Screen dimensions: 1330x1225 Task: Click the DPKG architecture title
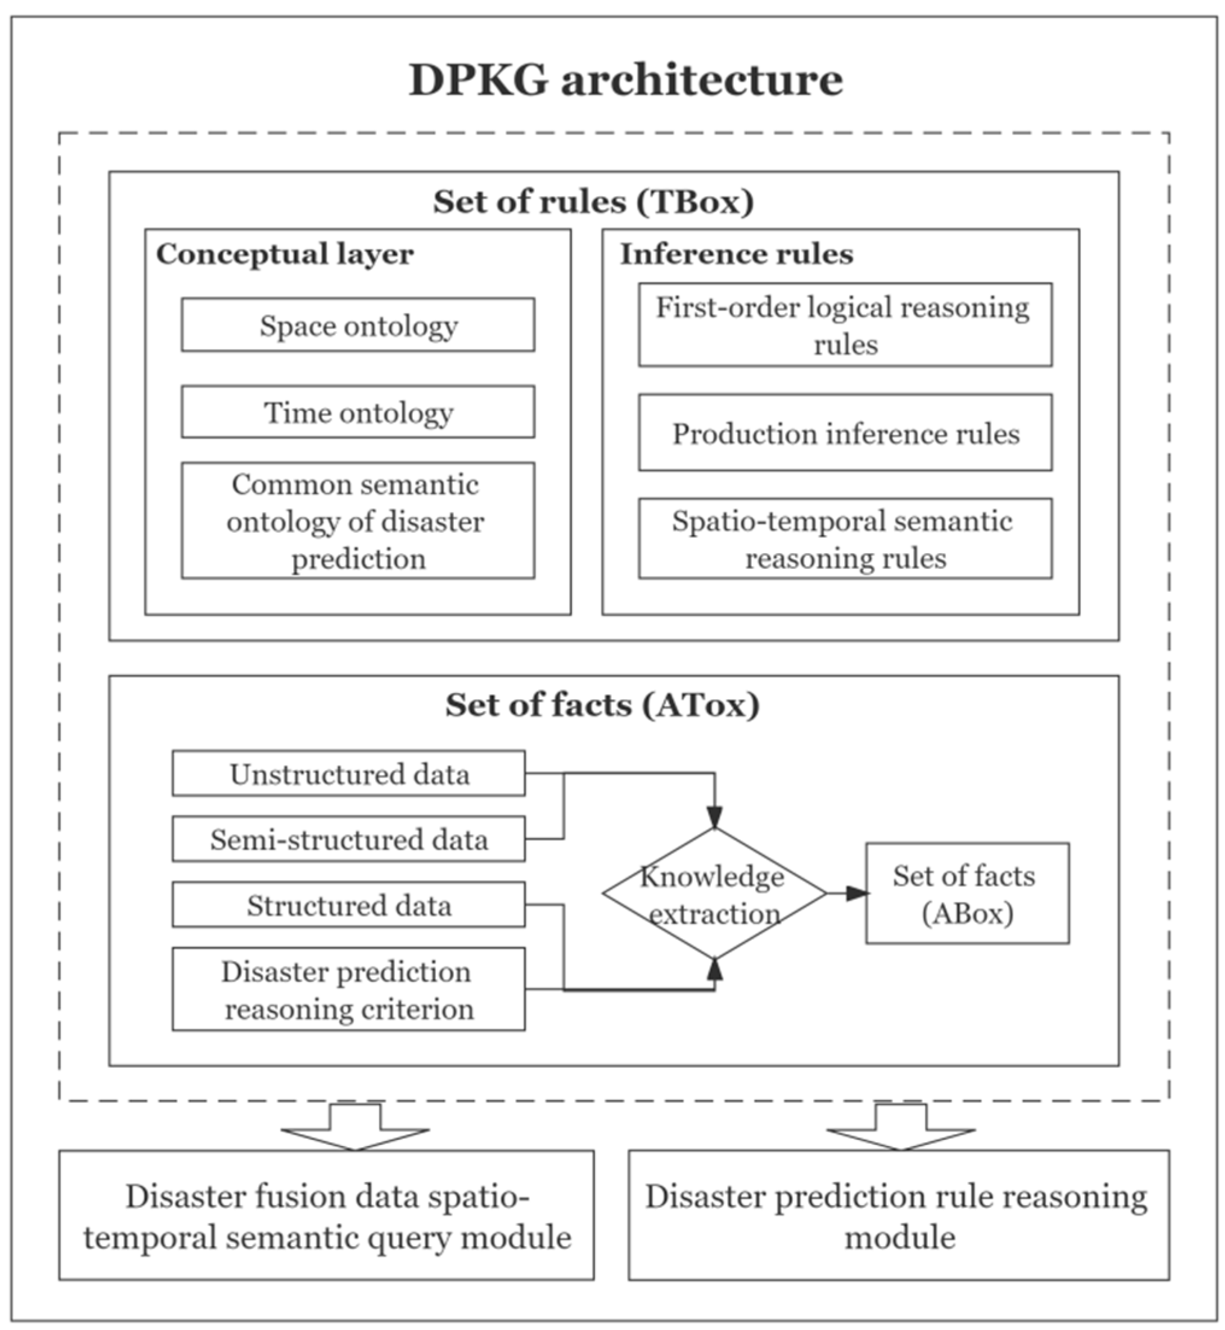tap(625, 80)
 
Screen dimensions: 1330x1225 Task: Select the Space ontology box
tap(358, 325)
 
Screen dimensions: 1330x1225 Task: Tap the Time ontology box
tap(358, 412)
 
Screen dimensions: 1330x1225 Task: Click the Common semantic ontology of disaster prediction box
tap(358, 521)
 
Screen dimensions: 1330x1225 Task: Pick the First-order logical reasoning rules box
tap(845, 325)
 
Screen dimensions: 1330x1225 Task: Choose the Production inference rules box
tap(845, 433)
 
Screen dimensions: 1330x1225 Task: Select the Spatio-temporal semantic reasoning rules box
tap(845, 539)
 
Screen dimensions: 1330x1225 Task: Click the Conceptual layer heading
tap(285, 254)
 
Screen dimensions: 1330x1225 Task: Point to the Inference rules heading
tap(737, 254)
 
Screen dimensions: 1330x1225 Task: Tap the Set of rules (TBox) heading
tap(593, 201)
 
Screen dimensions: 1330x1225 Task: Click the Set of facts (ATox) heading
tap(602, 705)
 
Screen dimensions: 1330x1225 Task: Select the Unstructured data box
tap(348, 773)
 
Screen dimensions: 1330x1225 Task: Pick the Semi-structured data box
tap(348, 839)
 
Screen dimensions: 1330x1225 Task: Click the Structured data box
tap(348, 905)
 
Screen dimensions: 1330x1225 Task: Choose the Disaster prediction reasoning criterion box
tap(348, 990)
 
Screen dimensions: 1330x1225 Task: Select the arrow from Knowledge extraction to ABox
tap(846, 893)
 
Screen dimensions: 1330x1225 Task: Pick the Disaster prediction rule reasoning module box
tap(898, 1216)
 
